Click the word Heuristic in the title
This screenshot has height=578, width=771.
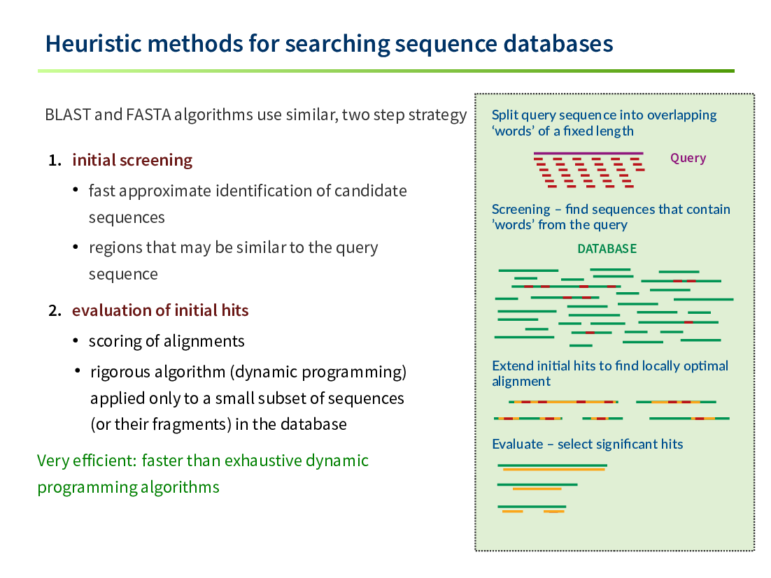(94, 43)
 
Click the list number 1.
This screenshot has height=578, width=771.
(55, 160)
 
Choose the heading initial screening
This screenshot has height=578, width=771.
(132, 160)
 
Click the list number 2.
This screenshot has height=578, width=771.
(55, 310)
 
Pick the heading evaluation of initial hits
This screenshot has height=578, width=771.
(160, 310)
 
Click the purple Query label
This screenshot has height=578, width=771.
(688, 158)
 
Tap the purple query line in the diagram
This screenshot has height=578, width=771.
(588, 153)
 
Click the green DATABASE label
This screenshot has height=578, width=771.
(607, 249)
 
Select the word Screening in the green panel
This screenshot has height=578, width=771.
(521, 209)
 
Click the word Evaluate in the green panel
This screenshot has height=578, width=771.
(518, 444)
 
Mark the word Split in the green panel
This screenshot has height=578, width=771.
(505, 115)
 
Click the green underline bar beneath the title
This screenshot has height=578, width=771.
(386, 71)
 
